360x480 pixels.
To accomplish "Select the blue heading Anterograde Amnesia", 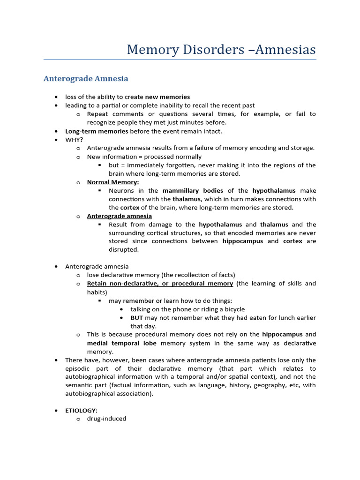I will pos(86,78).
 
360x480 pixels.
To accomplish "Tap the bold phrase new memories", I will pos(167,97).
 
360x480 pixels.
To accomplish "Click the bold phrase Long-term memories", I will pos(97,131).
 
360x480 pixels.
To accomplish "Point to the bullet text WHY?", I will pos(74,140).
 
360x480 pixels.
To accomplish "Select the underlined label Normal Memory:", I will pos(113,182).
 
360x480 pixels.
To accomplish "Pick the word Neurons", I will pos(121,191).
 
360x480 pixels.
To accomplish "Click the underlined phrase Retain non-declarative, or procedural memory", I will pos(160,284).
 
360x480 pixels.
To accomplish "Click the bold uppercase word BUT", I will pos(136,318).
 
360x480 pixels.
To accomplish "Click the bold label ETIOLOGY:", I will pos(81,410).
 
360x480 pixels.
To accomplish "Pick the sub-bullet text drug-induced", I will pos(106,419).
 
